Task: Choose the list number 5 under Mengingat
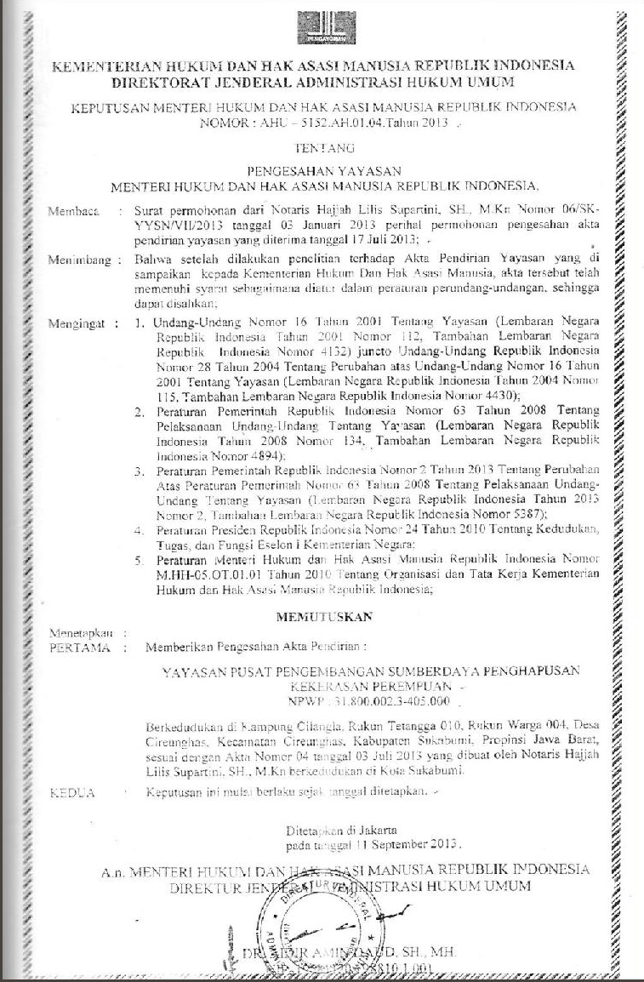coord(139,562)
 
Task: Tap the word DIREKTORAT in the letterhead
coord(169,83)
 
